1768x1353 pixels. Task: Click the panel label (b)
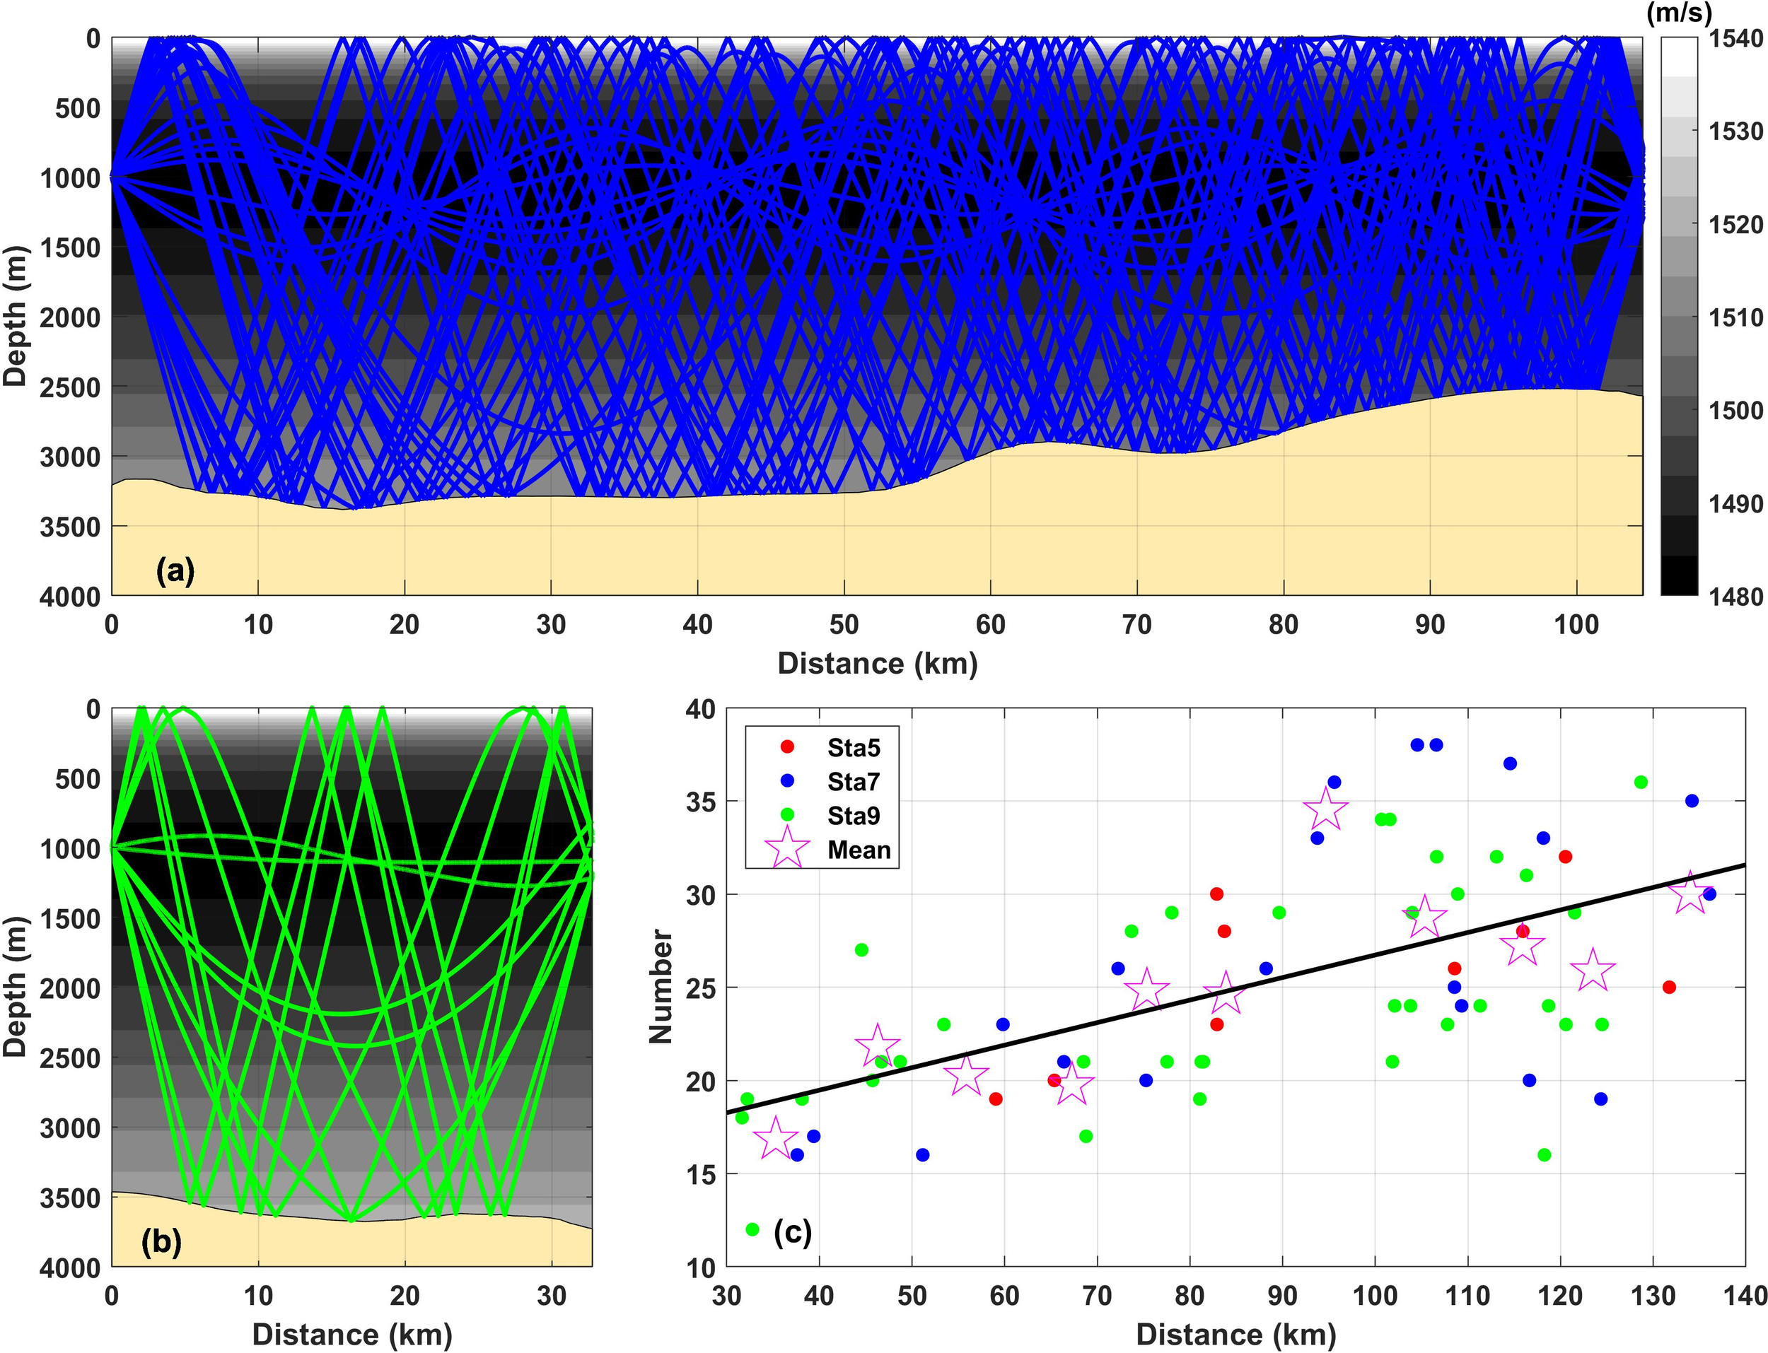coord(161,1242)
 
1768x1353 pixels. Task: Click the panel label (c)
coord(793,1231)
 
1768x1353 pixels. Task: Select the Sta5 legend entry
coord(853,748)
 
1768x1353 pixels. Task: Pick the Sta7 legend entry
coord(853,782)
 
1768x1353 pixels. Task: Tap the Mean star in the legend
coord(787,850)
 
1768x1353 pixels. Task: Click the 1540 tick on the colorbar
coord(1735,38)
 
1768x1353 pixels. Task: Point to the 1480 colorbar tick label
coord(1735,597)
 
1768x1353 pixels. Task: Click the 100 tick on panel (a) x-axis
coord(1576,625)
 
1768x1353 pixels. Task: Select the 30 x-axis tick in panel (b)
coord(551,1296)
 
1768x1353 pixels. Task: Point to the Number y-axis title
coord(661,988)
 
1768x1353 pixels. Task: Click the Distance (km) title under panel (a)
coord(877,664)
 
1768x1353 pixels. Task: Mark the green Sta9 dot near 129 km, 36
coord(1641,782)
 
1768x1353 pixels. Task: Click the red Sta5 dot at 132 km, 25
coord(1669,987)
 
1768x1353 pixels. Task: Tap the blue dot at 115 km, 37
coord(1511,763)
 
